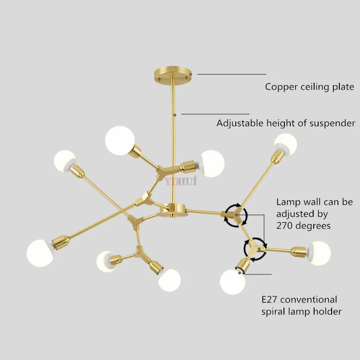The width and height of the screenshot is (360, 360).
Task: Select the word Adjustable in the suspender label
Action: (x=238, y=123)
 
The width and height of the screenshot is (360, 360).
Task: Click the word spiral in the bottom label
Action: (x=274, y=311)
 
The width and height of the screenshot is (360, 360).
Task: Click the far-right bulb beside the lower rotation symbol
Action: (x=318, y=253)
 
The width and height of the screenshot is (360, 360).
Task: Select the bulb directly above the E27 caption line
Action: (x=233, y=281)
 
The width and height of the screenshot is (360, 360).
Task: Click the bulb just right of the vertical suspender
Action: (x=212, y=162)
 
